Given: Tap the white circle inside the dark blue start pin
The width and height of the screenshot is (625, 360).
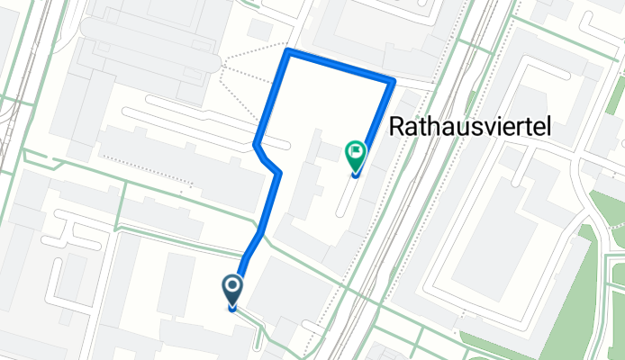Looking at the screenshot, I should click(x=232, y=287).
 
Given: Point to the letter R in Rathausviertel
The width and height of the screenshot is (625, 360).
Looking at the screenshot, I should click(x=398, y=130).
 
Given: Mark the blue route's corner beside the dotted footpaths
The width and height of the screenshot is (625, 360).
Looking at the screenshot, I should click(x=287, y=52).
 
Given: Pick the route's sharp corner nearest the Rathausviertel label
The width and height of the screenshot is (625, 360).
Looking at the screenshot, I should click(x=392, y=82).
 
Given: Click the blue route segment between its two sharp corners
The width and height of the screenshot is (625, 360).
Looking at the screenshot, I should click(x=340, y=67).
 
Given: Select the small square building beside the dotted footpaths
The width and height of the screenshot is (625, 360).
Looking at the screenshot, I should click(x=259, y=30).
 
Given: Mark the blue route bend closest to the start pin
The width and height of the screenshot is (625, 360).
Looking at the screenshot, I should click(x=260, y=233).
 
